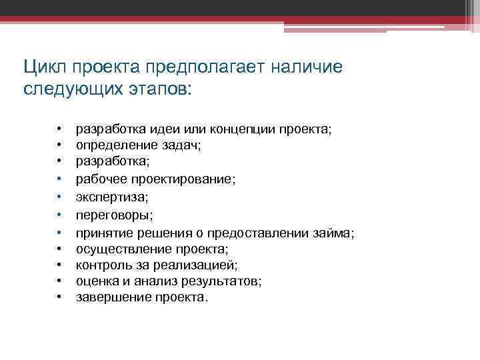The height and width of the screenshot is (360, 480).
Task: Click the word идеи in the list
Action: click(172, 129)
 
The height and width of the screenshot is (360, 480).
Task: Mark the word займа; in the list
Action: click(336, 233)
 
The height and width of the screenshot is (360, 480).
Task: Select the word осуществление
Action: click(117, 249)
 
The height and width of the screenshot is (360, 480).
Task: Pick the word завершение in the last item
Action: click(107, 298)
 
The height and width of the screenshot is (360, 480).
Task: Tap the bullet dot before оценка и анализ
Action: click(59, 282)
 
